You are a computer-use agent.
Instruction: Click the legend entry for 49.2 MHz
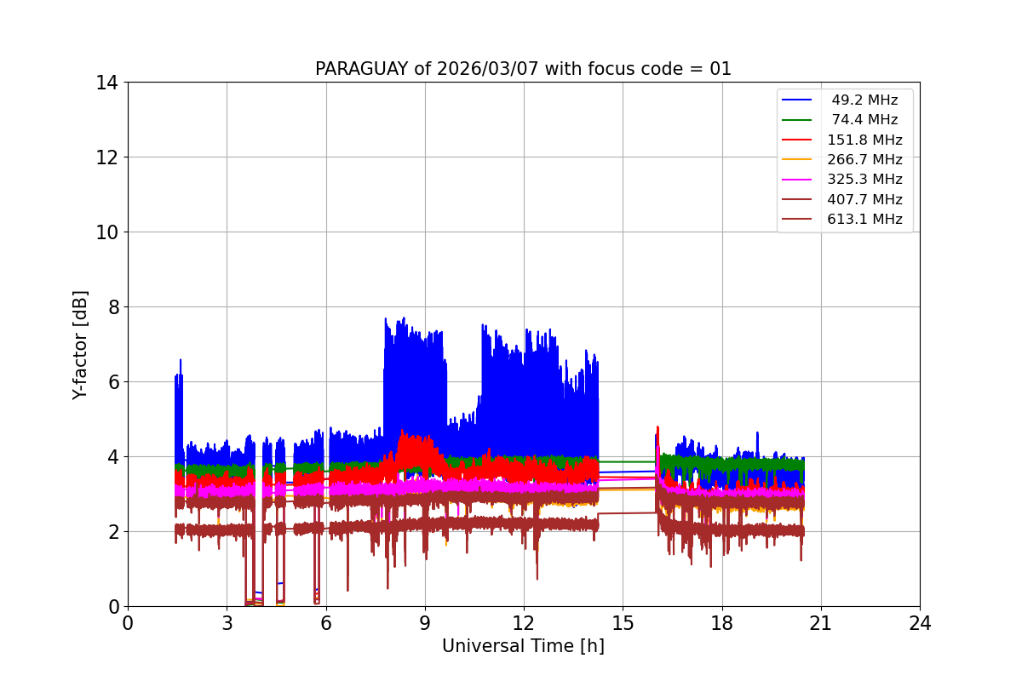coord(864,100)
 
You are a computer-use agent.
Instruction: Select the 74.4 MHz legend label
coord(864,120)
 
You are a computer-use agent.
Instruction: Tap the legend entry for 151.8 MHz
coord(864,140)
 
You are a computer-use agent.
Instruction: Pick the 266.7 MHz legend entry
coord(864,159)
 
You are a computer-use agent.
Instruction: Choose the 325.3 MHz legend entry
coord(864,180)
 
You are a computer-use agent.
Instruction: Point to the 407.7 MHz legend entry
coord(864,199)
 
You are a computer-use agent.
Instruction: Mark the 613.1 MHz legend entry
coord(864,219)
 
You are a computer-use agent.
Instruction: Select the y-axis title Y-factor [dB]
coord(80,345)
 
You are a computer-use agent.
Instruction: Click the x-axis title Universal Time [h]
coord(523,646)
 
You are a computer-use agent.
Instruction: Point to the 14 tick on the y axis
coord(107,83)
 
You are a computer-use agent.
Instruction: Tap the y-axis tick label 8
coord(112,307)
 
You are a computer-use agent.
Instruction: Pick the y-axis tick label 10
coord(107,232)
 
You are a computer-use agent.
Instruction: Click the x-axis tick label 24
coord(920,623)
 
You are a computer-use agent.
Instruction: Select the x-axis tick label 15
coord(623,623)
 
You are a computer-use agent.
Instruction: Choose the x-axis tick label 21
coord(820,623)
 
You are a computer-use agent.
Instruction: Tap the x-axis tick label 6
coord(325,623)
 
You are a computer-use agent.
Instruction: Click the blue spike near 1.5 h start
coord(180,361)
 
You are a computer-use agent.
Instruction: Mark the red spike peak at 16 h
coord(657,427)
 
